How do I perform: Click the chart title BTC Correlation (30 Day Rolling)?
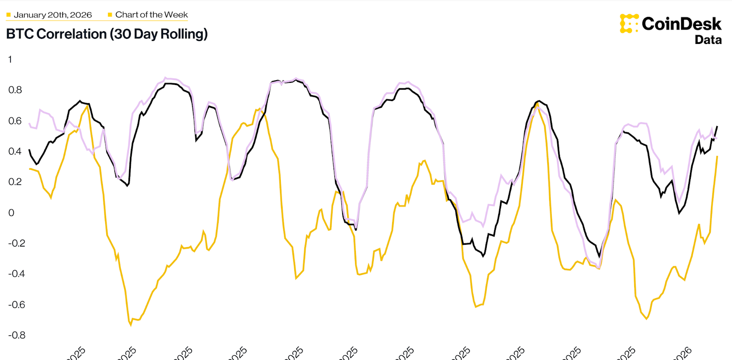click(107, 34)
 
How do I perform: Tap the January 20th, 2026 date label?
click(53, 15)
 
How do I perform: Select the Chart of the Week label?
click(151, 15)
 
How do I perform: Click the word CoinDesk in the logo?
click(681, 24)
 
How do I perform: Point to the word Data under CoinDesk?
click(708, 40)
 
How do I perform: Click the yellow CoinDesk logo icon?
click(629, 23)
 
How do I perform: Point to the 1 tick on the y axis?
click(10, 59)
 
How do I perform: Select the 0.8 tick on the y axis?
click(15, 90)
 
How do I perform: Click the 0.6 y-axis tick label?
click(15, 121)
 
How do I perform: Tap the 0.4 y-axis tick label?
click(15, 151)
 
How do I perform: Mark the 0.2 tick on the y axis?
click(15, 182)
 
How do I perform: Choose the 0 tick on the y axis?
click(11, 213)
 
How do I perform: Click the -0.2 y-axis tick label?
click(16, 243)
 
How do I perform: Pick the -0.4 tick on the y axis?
click(16, 274)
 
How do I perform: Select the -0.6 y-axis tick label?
click(16, 305)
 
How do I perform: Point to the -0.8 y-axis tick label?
click(16, 335)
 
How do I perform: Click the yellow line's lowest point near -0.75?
click(131, 325)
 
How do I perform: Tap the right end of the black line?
click(717, 126)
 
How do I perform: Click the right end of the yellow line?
click(717, 156)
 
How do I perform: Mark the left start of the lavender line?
click(29, 124)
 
